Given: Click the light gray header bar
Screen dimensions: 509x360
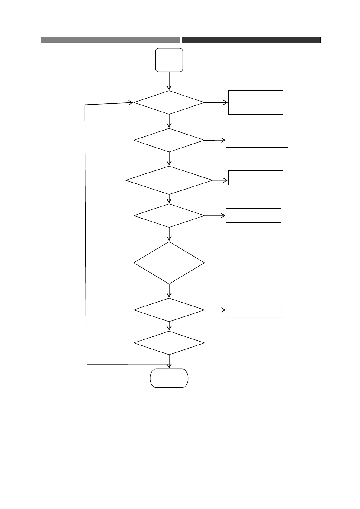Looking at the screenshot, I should (110, 40).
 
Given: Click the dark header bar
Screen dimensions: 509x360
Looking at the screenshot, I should (251, 40).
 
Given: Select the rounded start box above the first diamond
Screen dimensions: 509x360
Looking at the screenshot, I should (169, 60).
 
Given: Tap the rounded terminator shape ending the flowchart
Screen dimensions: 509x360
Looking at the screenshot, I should (169, 378).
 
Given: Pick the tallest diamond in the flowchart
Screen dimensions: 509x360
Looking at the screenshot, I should (169, 263).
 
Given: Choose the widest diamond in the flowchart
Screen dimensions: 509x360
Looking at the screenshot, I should (169, 180).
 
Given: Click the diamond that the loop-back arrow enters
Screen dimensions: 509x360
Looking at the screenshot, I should (169, 102).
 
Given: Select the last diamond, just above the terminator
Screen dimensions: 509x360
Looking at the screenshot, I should (169, 343).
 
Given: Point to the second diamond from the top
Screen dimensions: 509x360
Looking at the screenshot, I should (169, 140).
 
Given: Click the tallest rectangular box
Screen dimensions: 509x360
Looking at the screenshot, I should (255, 102).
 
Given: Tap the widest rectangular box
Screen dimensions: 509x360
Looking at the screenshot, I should (257, 140).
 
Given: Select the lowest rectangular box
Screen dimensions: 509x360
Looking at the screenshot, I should (253, 310).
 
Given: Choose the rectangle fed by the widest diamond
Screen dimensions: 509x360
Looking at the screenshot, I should (255, 178).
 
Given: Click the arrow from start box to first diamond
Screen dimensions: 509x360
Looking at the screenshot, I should (169, 81).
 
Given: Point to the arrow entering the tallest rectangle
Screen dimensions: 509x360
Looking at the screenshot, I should (216, 102).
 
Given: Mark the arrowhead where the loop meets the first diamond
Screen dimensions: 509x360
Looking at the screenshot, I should (131, 103).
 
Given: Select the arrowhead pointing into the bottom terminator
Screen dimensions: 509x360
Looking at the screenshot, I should (169, 366).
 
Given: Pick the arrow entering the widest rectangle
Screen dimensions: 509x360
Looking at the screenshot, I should (215, 140).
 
